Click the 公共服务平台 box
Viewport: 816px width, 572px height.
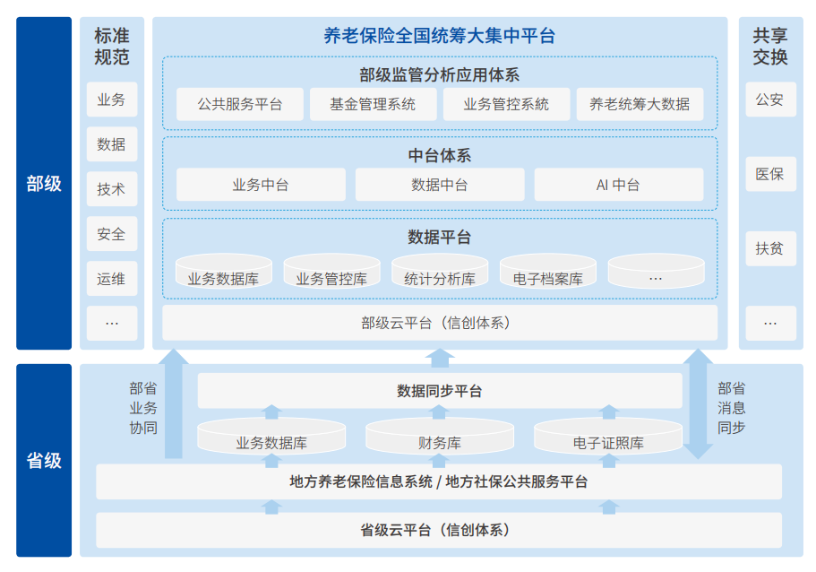240,104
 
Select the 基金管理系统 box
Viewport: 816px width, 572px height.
373,104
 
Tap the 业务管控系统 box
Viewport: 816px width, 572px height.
506,104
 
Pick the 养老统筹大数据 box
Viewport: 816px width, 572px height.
640,104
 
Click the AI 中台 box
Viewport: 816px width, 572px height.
618,185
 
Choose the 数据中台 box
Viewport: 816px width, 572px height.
439,185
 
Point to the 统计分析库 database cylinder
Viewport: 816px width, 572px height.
439,273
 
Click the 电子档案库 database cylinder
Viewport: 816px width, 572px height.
547,273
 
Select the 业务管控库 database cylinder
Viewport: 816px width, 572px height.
331,273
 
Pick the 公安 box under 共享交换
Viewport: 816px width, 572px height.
769,100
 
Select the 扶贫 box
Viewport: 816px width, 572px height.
769,248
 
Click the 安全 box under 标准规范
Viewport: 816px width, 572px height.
112,234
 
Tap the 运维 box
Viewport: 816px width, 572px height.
112,279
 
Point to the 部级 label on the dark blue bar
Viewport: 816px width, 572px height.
44,184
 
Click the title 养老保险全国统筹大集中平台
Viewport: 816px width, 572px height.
439,36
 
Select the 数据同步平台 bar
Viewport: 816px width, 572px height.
439,391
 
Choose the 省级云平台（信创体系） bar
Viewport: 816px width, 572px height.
439,530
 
